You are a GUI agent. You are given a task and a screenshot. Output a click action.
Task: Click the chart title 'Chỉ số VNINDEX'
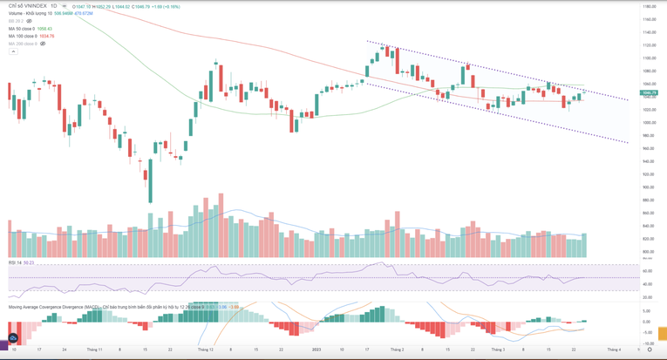pyautogui.click(x=28, y=6)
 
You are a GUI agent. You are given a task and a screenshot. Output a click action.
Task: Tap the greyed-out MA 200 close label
pyautogui.click(x=23, y=44)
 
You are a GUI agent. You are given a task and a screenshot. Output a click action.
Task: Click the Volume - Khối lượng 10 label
pyautogui.click(x=30, y=13)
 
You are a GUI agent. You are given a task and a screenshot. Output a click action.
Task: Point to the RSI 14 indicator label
pyautogui.click(x=15, y=262)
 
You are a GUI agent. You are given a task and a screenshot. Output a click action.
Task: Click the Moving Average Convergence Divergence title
pyautogui.click(x=52, y=307)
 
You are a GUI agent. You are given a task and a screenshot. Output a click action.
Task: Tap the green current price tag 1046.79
pyautogui.click(x=649, y=92)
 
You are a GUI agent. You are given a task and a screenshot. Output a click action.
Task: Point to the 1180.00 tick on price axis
pyautogui.click(x=649, y=7)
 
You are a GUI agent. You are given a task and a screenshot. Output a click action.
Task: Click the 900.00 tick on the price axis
pyautogui.click(x=649, y=187)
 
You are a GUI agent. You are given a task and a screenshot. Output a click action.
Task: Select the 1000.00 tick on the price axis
pyautogui.click(x=649, y=123)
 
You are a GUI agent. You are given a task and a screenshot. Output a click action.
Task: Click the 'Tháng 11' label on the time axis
pyautogui.click(x=93, y=350)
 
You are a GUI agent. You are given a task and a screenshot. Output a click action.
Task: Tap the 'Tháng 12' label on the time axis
pyautogui.click(x=206, y=350)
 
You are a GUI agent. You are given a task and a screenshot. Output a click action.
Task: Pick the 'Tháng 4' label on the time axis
pyautogui.click(x=614, y=350)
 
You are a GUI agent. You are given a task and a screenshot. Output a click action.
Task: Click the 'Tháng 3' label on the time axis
pyautogui.click(x=498, y=350)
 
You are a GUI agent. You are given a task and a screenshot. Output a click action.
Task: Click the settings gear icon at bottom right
pyautogui.click(x=650, y=350)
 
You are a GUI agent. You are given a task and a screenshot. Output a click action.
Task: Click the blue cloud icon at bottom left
pyautogui.click(x=12, y=338)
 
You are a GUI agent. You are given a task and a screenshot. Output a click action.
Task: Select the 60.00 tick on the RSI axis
pyautogui.click(x=647, y=271)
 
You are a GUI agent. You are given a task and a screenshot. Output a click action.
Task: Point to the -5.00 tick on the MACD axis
pyautogui.click(x=647, y=331)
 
